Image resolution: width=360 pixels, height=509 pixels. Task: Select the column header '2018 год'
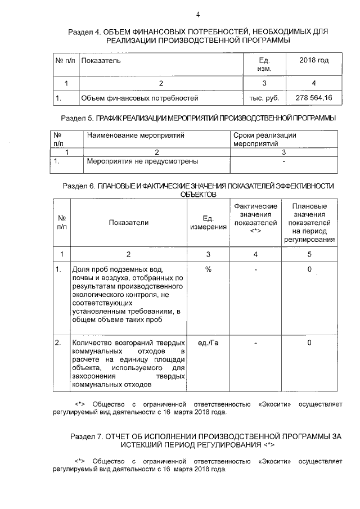point(313,60)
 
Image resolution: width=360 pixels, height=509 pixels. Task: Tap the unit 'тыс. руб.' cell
point(264,98)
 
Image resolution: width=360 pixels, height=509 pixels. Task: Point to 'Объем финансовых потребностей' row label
point(139,98)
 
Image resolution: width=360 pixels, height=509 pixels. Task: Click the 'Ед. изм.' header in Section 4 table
point(264,64)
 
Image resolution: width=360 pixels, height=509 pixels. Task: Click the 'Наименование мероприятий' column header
point(136,136)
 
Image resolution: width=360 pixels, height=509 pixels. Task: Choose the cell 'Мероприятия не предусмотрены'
point(142,161)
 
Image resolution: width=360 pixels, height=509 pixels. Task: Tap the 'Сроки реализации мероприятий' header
point(264,139)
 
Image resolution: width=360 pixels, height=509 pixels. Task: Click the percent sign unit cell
point(208,270)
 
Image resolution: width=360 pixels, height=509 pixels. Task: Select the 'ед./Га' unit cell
point(208,343)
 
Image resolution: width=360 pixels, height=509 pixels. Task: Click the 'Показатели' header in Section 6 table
point(129,223)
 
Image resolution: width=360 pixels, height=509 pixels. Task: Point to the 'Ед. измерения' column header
point(208,223)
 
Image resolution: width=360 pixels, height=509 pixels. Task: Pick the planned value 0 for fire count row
point(309,343)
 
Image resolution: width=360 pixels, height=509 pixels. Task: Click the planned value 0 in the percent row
point(309,270)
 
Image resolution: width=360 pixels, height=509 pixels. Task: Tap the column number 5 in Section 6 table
point(309,254)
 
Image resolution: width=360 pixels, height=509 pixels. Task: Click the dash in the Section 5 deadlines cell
point(284,161)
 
